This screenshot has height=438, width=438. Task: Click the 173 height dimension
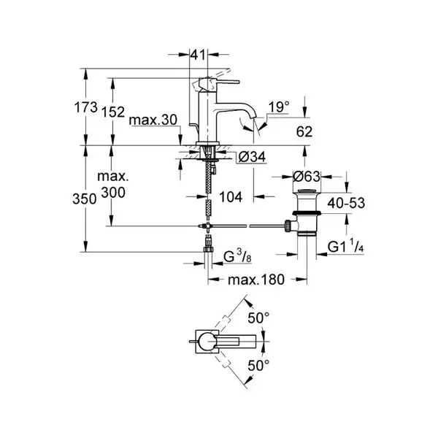85,107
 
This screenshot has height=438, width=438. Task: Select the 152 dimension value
113,112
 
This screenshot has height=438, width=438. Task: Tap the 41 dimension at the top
198,55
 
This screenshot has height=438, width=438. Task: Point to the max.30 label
153,120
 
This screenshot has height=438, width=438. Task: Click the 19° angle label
279,107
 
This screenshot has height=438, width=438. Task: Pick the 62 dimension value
304,131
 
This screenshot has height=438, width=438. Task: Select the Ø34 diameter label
252,157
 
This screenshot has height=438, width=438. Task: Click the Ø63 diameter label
307,176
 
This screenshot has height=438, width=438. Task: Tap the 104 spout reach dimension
231,197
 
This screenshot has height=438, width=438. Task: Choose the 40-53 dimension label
346,203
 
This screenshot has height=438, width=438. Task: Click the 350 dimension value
85,199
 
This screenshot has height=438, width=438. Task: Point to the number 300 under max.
113,193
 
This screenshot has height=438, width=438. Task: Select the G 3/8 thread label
237,257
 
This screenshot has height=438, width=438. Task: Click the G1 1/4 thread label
346,247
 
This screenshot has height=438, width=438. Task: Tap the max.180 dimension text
256,280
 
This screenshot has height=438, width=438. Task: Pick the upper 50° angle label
258,318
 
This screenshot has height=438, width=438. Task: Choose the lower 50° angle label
258,365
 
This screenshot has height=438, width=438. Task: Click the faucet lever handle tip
238,82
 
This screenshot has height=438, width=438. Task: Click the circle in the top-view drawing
207,341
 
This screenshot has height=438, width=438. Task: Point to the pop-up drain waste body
307,213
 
